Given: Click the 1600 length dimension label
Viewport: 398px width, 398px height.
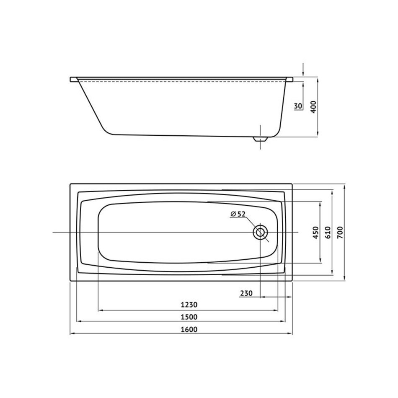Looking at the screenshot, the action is [189, 329].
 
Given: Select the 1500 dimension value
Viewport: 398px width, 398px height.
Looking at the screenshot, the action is [189, 317].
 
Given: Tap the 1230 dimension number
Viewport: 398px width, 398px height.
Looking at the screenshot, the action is [189, 305].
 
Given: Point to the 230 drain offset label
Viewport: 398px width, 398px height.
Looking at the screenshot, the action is [246, 293].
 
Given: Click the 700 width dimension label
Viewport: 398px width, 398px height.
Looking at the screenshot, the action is [340, 232].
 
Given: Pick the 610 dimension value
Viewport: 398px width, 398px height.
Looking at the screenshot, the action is [328, 232].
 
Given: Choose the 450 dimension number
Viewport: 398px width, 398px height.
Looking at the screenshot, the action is [315, 233].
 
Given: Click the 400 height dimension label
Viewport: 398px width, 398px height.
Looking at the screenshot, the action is [314, 107].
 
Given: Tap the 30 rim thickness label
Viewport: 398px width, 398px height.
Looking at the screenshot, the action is [298, 106].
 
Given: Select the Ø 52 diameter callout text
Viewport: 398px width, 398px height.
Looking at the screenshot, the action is [238, 214].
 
